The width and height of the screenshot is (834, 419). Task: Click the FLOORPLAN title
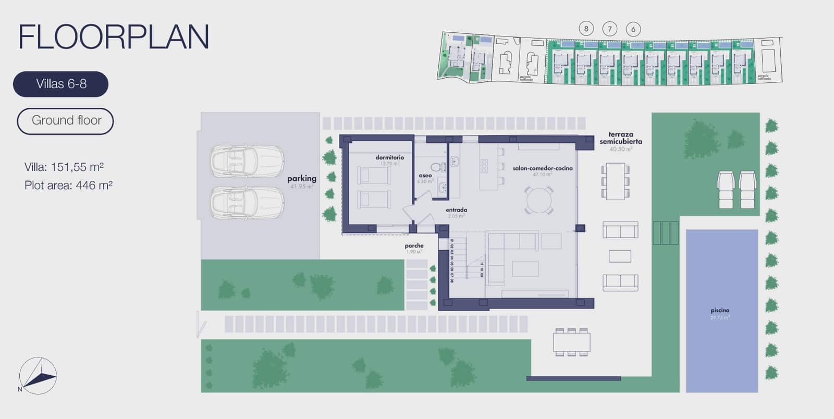tap(114, 37)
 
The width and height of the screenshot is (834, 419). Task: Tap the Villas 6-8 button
tap(61, 84)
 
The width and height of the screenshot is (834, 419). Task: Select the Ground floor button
tap(66, 121)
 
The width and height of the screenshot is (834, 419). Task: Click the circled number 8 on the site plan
tap(586, 29)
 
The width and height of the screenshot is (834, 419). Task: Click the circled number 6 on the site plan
tap(633, 29)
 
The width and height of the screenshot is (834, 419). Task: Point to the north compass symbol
tap(38, 376)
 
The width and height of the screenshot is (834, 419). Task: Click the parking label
tap(302, 179)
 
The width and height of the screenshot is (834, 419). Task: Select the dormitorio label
tap(389, 157)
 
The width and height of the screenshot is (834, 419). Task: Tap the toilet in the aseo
tap(442, 167)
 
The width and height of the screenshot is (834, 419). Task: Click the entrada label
tap(456, 210)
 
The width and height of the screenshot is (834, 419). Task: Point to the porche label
tap(414, 246)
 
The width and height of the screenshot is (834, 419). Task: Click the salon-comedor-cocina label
tap(542, 168)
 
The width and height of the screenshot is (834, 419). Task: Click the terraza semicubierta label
tap(620, 138)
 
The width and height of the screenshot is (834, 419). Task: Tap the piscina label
tap(720, 311)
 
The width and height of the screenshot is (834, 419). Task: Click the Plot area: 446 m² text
tap(68, 186)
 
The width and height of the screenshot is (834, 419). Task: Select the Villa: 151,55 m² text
tap(64, 167)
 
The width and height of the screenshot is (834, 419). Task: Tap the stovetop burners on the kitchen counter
tap(484, 166)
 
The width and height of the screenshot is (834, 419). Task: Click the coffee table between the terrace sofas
tap(620, 256)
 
